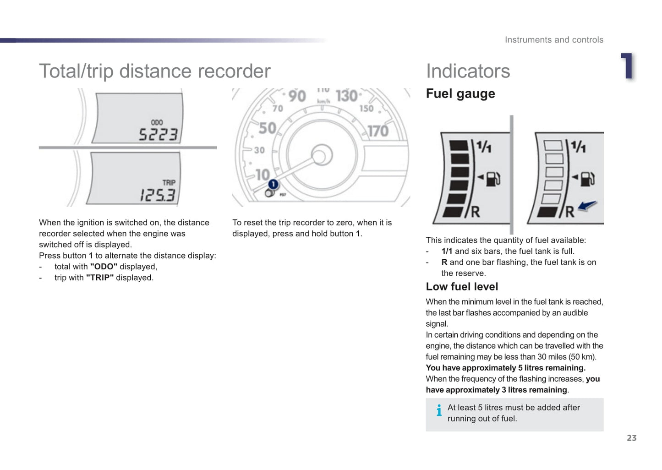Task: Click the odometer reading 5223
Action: (158, 135)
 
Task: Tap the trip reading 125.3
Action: (157, 196)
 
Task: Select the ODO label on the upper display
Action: (157, 122)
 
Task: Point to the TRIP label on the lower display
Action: (169, 182)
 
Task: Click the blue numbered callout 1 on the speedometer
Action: (273, 184)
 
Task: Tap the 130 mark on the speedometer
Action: (346, 96)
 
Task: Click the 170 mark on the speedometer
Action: (378, 131)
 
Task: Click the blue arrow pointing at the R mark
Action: (587, 206)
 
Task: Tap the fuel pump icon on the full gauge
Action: (492, 178)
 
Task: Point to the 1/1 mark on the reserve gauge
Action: (578, 147)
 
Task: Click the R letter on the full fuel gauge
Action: (476, 212)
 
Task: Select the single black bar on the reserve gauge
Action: (548, 212)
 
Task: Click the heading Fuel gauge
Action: (460, 93)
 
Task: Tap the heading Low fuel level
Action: (462, 287)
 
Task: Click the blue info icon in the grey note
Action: (439, 410)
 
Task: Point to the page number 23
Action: (631, 438)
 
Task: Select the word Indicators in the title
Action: (468, 71)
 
